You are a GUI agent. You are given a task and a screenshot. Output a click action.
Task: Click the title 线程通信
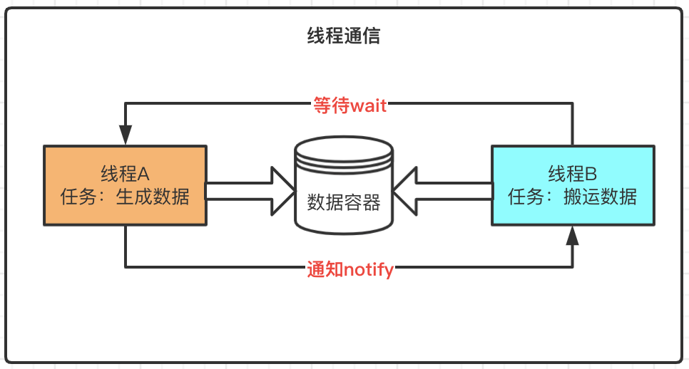[x=344, y=36]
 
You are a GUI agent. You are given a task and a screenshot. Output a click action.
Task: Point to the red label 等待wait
[x=349, y=105]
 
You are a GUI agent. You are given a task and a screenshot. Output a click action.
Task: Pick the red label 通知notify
[x=350, y=269]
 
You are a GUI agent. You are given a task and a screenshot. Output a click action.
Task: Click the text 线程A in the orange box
[x=126, y=174]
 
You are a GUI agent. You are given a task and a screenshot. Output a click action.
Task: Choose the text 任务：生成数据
[x=126, y=196]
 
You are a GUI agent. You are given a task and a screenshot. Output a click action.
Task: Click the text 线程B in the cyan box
[x=572, y=174]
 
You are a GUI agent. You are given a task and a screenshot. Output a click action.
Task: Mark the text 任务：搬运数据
[x=572, y=196]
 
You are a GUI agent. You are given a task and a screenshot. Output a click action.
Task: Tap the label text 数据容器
[x=344, y=202]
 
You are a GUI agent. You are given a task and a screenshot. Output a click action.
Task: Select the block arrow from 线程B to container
[x=442, y=190]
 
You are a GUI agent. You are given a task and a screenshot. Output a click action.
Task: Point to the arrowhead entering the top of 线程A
[x=126, y=135]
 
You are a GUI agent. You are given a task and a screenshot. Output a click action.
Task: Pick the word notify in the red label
[x=369, y=269]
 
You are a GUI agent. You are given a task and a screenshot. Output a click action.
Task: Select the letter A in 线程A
[x=143, y=174]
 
